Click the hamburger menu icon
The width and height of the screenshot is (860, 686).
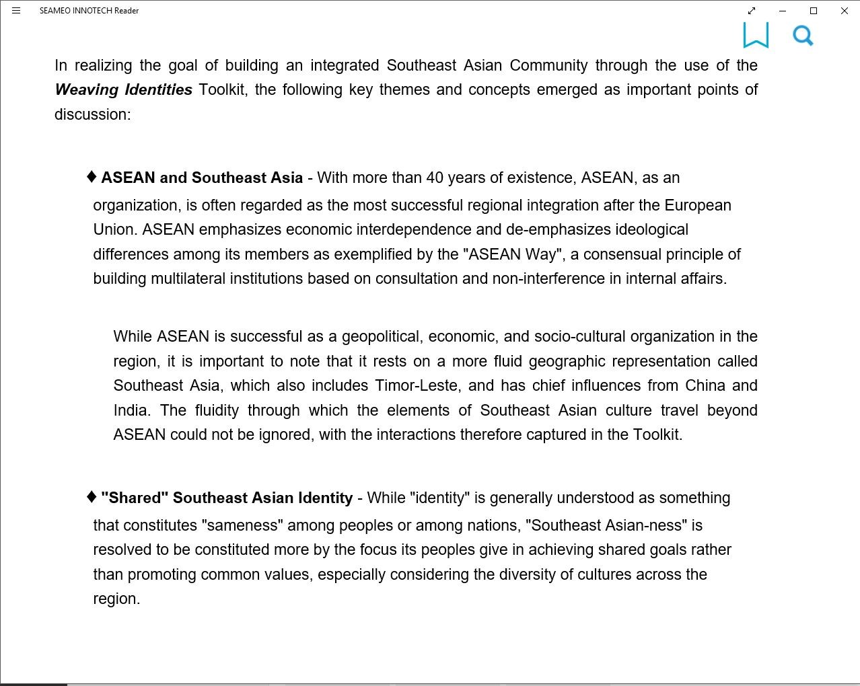pos(16,11)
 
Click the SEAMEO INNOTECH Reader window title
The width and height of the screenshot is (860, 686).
pos(89,11)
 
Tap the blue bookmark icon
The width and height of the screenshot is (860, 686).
pos(756,35)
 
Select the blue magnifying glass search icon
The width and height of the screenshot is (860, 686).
pos(803,35)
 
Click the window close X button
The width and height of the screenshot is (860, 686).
pos(844,11)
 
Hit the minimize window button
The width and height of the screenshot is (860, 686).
pos(782,11)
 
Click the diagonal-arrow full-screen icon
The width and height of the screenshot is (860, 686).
pos(752,11)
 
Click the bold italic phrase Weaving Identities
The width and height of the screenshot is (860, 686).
pos(124,89)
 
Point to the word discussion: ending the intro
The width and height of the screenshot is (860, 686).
pos(92,114)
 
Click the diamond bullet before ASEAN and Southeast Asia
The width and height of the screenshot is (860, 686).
pos(92,177)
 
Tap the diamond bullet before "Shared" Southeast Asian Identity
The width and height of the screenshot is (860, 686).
pos(92,497)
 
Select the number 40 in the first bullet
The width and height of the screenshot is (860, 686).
pos(435,178)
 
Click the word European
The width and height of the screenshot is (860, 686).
pos(698,205)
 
